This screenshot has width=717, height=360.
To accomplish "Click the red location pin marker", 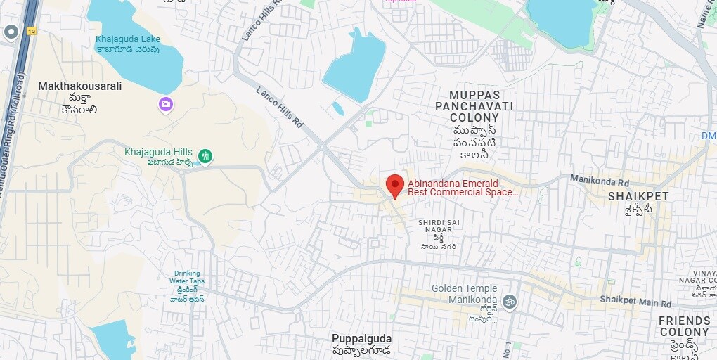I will [395, 186].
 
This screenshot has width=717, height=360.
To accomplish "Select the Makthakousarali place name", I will [79, 86].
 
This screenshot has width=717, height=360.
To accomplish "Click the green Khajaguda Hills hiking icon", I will [205, 155].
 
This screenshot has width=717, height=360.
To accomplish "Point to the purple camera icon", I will [166, 105].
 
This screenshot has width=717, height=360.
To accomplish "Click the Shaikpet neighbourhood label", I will [638, 196].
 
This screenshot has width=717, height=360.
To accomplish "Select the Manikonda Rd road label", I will [600, 180].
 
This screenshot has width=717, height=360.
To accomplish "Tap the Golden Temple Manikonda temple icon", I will [510, 302].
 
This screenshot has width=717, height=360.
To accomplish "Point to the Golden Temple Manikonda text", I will [464, 294].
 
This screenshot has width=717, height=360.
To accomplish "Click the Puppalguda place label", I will [362, 338].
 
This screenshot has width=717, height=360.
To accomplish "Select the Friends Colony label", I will [684, 326].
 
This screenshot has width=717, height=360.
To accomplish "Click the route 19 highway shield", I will [32, 32].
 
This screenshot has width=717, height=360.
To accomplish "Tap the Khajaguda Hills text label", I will [157, 151].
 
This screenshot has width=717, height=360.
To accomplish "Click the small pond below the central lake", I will [338, 109].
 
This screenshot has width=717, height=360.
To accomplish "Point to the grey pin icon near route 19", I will [11, 32].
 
